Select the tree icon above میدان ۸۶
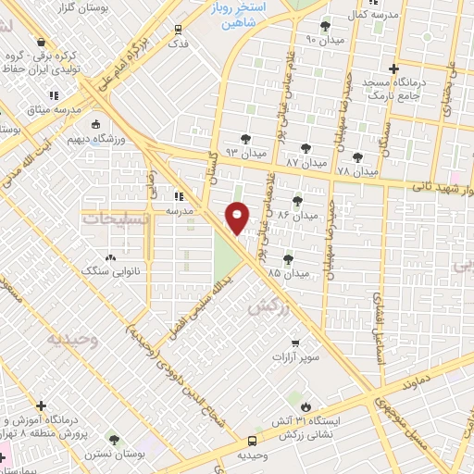(x=297, y=200)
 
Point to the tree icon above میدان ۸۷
(x=305, y=147)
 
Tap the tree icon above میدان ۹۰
(x=324, y=26)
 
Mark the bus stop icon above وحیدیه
(x=253, y=443)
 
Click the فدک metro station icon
(x=178, y=29)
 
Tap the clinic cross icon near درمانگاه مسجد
(x=393, y=69)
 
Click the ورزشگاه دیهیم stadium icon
(x=95, y=125)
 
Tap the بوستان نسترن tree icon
(x=114, y=440)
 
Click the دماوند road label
(x=418, y=382)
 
